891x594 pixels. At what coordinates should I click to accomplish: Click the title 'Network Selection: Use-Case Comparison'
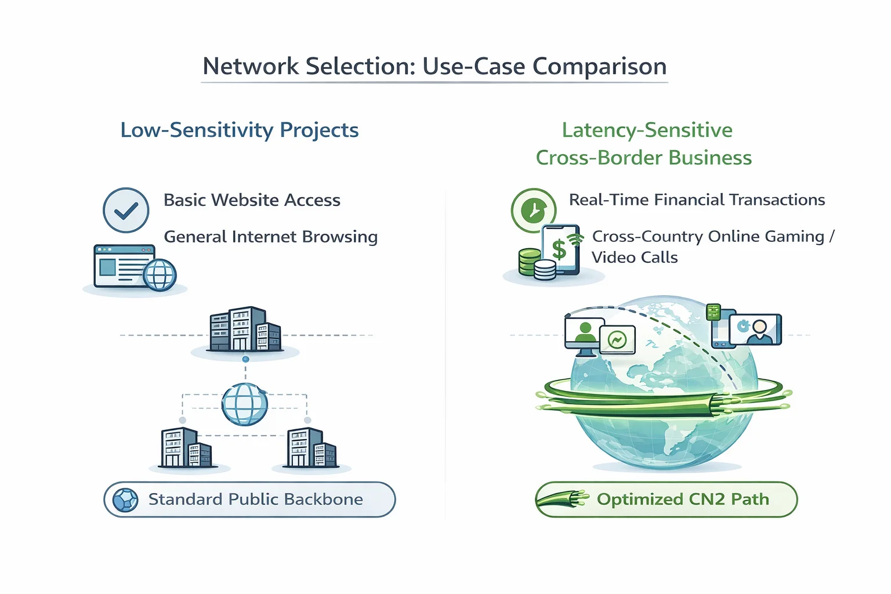(434, 66)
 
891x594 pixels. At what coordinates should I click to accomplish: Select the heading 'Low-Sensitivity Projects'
(239, 130)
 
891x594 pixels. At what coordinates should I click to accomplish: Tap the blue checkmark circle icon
(126, 210)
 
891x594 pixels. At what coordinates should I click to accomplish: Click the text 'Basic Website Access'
(252, 200)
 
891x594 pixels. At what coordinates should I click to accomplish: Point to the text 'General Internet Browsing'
(270, 237)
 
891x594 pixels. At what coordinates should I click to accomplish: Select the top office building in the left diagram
(245, 329)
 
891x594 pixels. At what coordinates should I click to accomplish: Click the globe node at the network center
(245, 404)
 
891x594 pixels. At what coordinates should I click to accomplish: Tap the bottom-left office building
(185, 448)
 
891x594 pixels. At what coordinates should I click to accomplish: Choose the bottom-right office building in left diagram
(312, 448)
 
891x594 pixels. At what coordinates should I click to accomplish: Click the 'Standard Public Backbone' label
(255, 499)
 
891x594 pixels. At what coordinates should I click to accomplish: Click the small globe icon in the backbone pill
(125, 500)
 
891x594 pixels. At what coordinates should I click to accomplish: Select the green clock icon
(534, 210)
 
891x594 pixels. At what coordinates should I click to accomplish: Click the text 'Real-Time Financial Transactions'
(697, 200)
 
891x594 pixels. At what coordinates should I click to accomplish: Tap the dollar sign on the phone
(559, 249)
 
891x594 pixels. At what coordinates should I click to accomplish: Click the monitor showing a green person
(584, 335)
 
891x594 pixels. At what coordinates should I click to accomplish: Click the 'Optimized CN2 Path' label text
(683, 499)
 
